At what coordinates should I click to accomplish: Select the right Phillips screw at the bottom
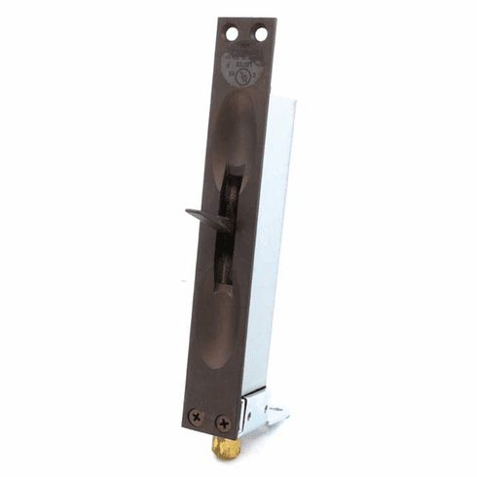223,423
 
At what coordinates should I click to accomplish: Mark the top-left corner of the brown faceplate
219,18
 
